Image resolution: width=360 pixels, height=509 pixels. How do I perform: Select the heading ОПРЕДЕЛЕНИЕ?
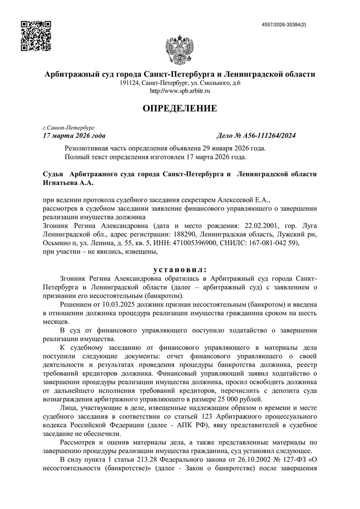point(180,108)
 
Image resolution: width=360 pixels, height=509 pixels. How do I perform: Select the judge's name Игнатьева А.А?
point(70,183)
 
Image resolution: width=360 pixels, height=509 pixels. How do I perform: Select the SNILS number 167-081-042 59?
point(273,243)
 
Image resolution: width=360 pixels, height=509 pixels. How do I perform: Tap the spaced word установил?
point(180,270)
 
